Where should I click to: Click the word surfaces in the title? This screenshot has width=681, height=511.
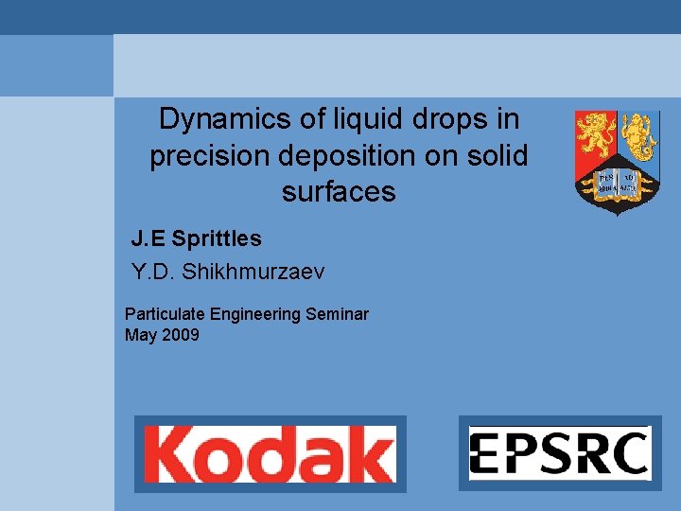(339, 192)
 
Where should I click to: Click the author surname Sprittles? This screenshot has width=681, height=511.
(217, 239)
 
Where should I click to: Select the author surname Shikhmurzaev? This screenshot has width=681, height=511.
(253, 273)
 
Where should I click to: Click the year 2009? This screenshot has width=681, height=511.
(180, 334)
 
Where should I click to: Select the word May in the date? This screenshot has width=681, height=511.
(140, 334)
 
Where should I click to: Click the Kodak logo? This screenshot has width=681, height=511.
(270, 454)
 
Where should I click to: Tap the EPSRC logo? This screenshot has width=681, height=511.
(560, 452)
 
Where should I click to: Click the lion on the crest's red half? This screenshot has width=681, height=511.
(597, 135)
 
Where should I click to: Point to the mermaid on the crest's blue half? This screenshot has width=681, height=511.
(638, 135)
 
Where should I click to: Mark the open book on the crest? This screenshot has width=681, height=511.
(618, 181)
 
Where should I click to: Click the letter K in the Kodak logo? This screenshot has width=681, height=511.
(171, 454)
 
